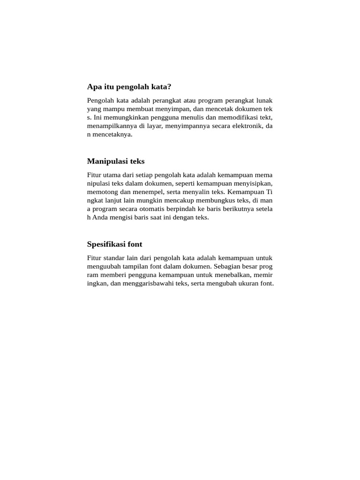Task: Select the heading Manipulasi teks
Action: pos(116,161)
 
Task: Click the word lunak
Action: pos(264,100)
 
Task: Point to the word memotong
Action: pos(101,192)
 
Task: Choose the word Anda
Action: pos(99,217)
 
